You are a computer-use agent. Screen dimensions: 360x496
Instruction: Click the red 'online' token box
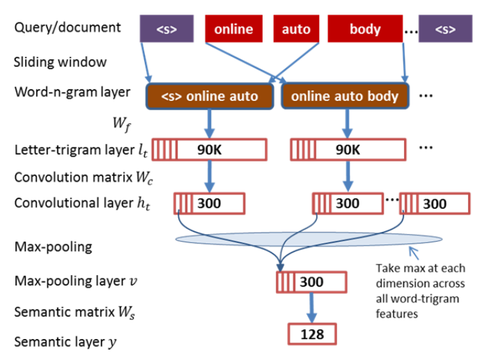pos(233,29)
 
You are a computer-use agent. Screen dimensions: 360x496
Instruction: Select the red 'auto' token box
pos(295,29)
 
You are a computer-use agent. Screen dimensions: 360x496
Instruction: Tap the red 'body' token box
pos(365,29)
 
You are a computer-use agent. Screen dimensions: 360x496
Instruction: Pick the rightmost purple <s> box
pos(447,29)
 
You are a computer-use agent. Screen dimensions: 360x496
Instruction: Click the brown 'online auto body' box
pos(345,96)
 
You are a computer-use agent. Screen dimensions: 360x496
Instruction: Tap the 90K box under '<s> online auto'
pos(208,149)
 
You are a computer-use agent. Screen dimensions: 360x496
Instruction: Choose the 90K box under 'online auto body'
pos(346,149)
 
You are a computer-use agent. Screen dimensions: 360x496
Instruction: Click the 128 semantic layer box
pos(311,334)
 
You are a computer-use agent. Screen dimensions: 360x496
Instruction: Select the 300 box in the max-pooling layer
pos(311,283)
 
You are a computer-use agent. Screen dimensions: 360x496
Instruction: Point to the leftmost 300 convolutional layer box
pos(209,203)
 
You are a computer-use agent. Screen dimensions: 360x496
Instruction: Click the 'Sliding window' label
pos(61,62)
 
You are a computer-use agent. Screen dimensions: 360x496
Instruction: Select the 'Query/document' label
pos(67,28)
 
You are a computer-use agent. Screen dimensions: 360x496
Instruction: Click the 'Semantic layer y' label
pos(66,342)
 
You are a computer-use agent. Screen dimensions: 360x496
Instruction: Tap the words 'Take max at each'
pos(417,268)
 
